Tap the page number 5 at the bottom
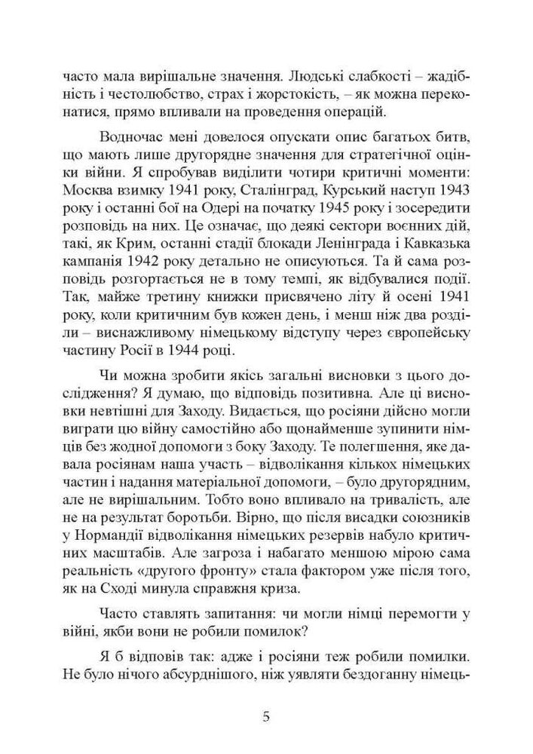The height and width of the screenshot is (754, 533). click(266, 716)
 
